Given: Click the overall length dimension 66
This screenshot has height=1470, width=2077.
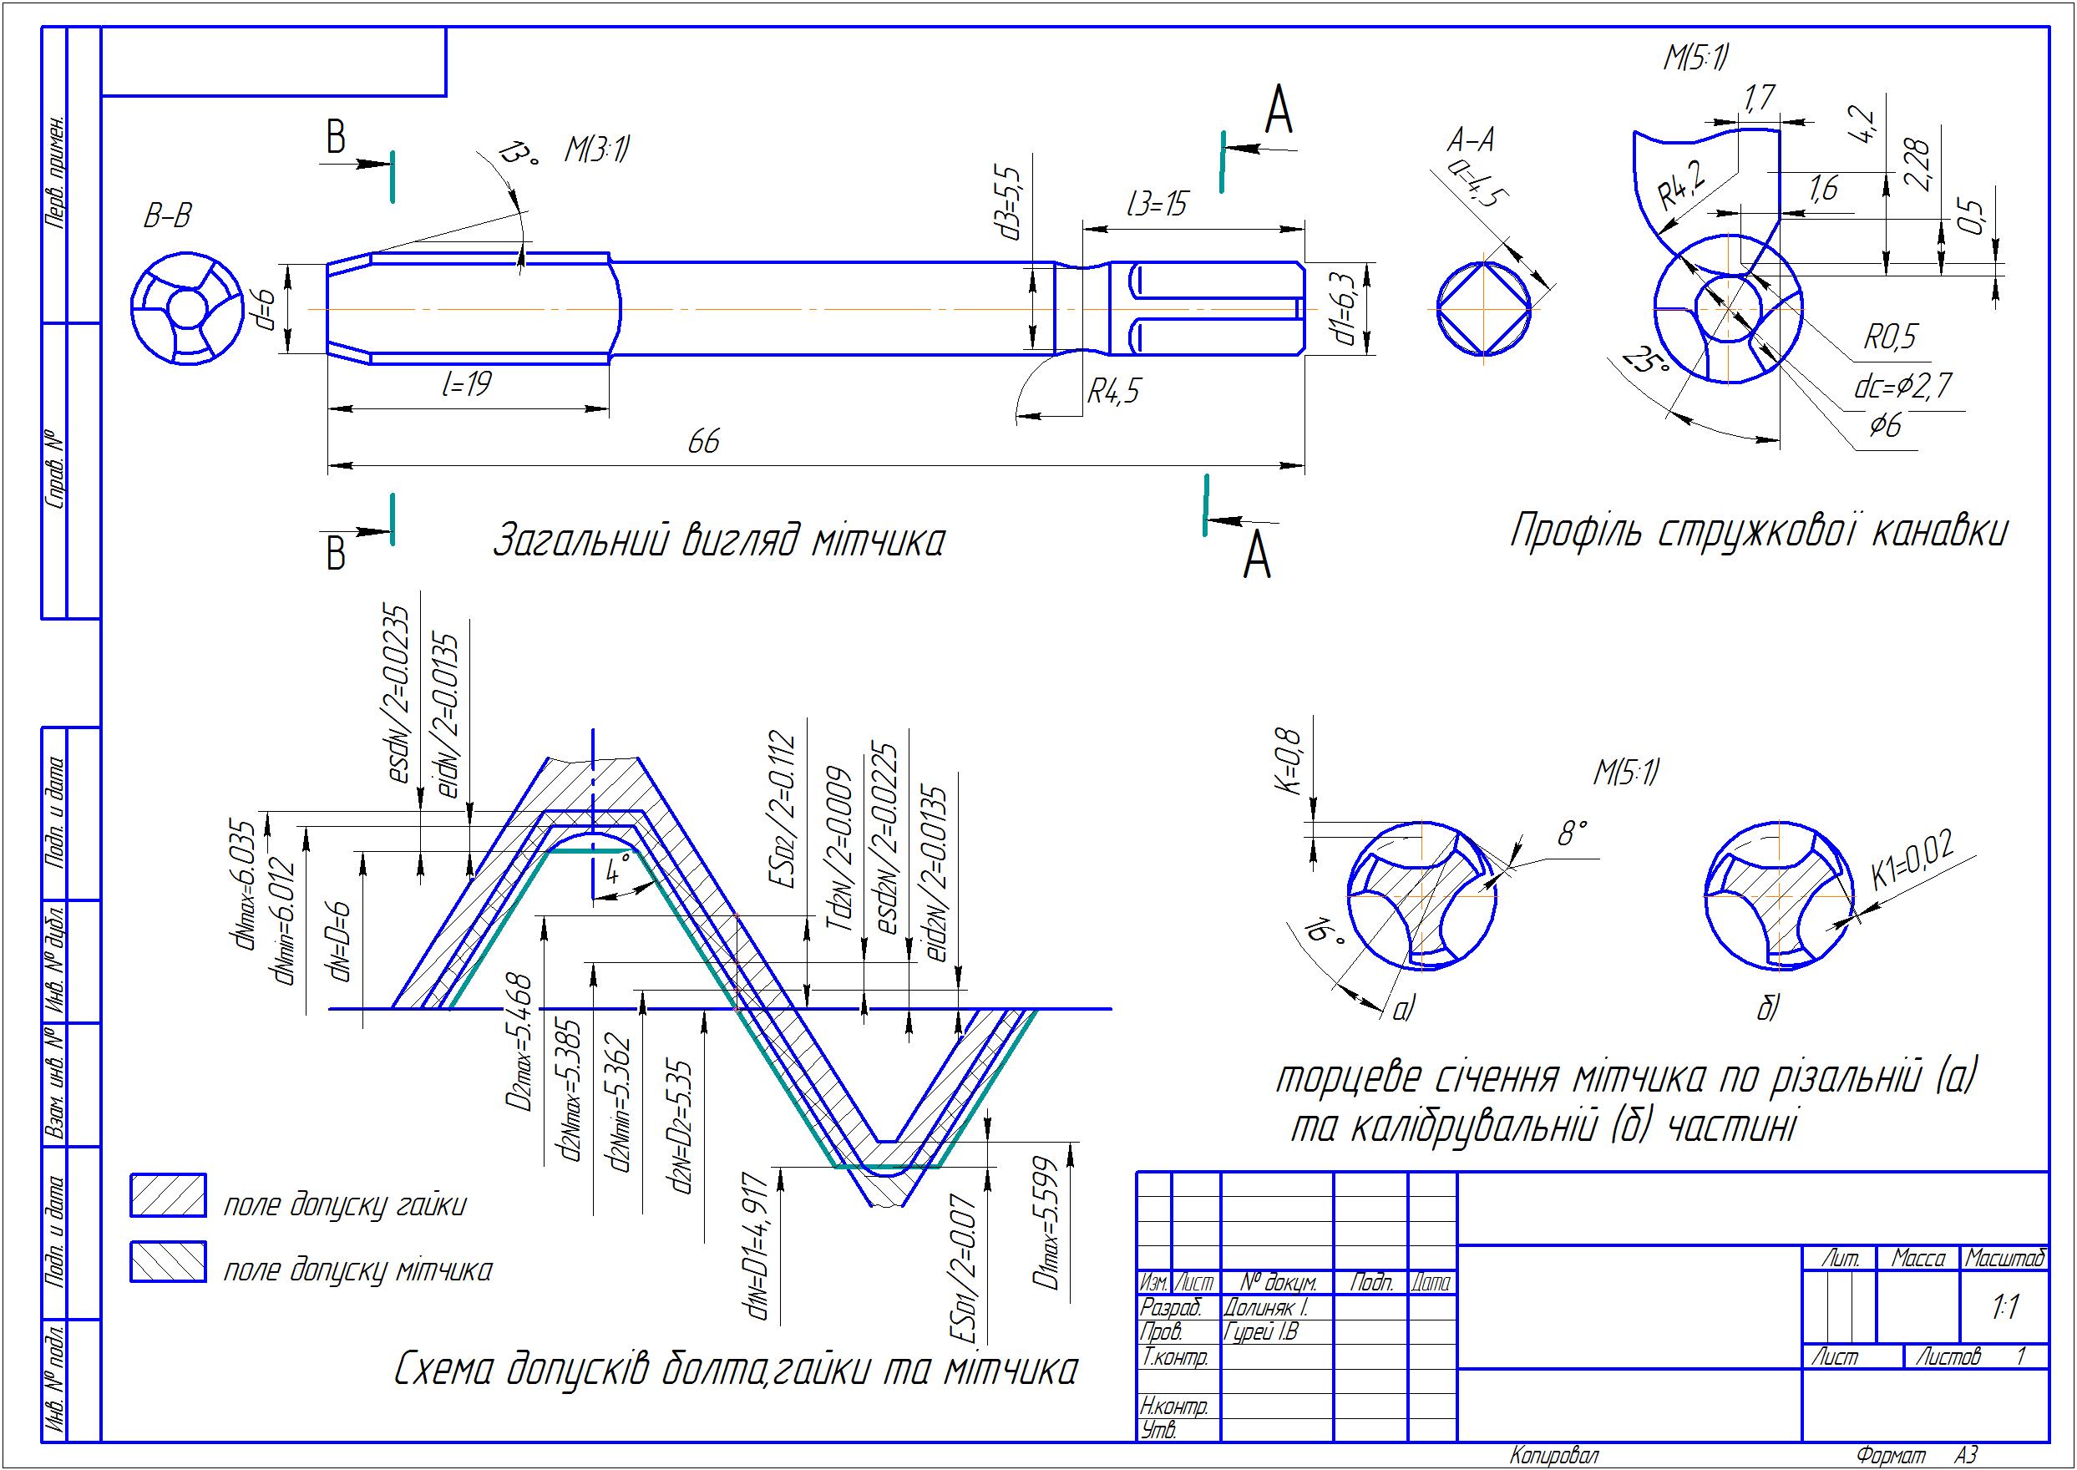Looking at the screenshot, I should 703,443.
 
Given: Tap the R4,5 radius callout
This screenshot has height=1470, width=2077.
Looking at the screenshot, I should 1113,392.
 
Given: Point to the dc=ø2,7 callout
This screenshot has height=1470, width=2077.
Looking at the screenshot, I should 1902,388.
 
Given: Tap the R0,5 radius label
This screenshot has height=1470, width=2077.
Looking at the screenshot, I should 1890,337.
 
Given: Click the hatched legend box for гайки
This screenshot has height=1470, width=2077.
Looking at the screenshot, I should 169,1195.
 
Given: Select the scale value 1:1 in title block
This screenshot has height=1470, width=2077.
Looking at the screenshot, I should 2005,1307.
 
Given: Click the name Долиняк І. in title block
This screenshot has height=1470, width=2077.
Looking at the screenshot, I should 1265,1308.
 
